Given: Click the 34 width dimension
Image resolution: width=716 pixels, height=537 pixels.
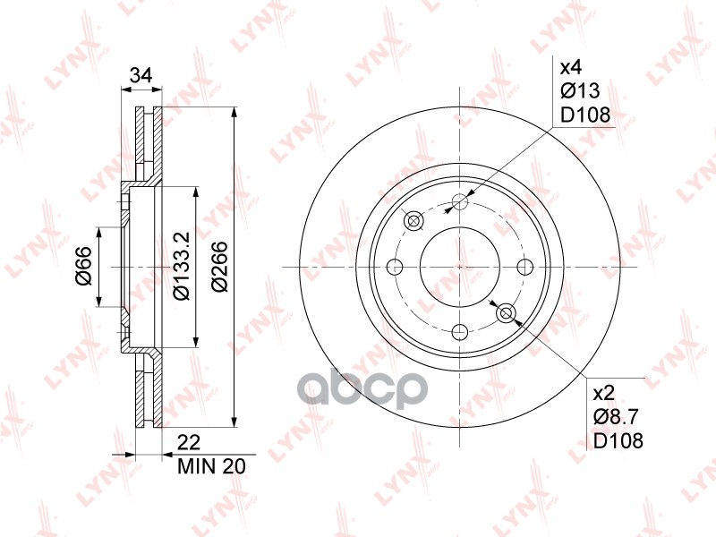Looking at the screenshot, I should [139, 75].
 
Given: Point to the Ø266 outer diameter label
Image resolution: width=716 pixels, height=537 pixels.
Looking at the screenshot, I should [218, 267].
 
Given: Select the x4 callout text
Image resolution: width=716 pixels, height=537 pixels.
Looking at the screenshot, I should [571, 67].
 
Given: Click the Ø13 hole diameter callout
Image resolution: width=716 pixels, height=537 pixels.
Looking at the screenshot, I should [578, 90].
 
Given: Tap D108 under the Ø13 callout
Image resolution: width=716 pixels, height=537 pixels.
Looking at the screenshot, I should [584, 114].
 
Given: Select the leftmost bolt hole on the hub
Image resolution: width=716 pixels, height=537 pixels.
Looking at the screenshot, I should [394, 267].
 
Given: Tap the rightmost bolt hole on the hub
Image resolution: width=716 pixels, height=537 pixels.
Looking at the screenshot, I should [525, 267].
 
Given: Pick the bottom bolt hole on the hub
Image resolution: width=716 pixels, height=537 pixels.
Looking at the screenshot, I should [459, 333].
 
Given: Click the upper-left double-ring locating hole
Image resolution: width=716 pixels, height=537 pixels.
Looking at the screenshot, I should [413, 221].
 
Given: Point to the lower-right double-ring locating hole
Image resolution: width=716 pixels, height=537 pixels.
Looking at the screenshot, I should [506, 312].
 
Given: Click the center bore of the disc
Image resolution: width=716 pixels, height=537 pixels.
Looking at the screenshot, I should [459, 267].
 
